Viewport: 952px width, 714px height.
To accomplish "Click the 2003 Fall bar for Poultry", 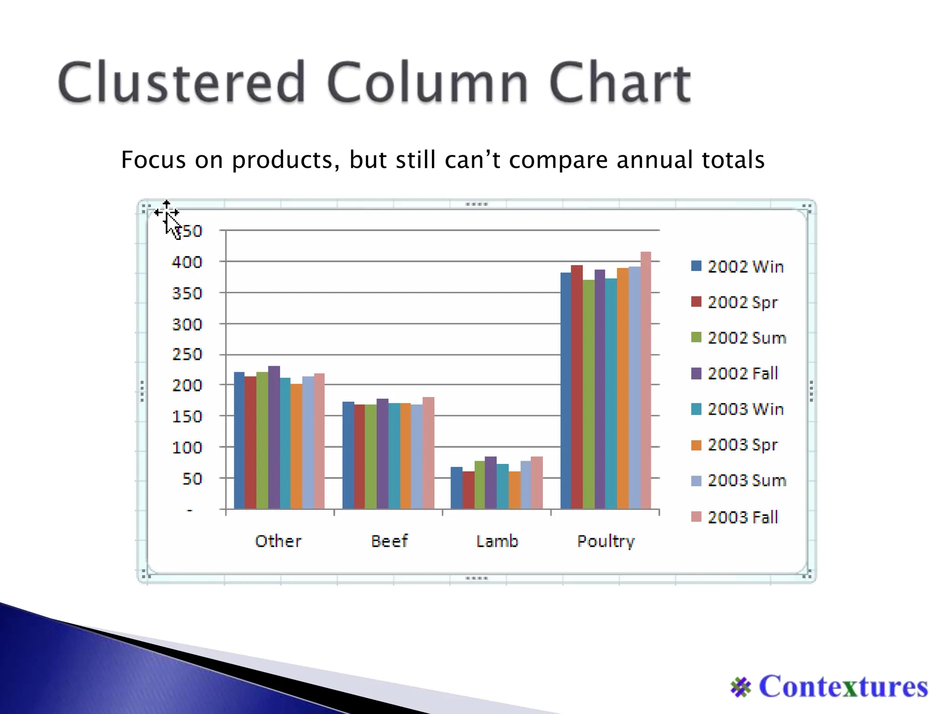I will (646, 381).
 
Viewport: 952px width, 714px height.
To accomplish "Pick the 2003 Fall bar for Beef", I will (428, 453).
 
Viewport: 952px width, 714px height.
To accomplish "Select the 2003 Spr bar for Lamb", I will (515, 490).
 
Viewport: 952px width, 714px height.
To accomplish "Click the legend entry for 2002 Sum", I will (746, 338).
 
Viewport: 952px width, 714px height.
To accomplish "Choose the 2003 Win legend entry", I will (745, 409).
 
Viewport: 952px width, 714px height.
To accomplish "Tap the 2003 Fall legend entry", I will (742, 517).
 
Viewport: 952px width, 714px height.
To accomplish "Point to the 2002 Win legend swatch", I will (696, 266).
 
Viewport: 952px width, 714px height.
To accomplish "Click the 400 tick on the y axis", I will (187, 262).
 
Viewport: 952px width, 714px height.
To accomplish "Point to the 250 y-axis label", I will (187, 355).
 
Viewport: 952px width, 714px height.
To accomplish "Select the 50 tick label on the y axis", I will (192, 479).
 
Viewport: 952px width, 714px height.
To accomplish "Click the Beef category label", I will (389, 541).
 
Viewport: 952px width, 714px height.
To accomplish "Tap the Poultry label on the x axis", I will (606, 542).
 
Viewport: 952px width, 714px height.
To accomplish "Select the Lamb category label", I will (497, 541).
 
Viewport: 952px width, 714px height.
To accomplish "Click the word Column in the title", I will (427, 83).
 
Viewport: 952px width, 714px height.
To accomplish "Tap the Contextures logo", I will (829, 687).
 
